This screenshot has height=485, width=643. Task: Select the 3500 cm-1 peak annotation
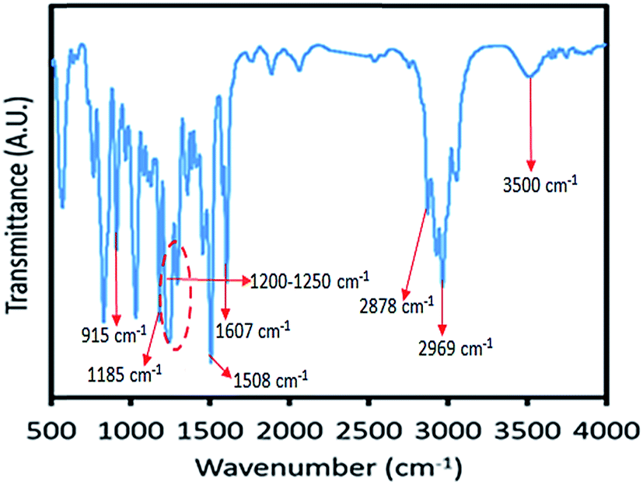[x=540, y=186]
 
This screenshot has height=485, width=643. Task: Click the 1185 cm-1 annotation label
[x=124, y=369]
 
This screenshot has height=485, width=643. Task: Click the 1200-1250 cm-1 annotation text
[x=309, y=279]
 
